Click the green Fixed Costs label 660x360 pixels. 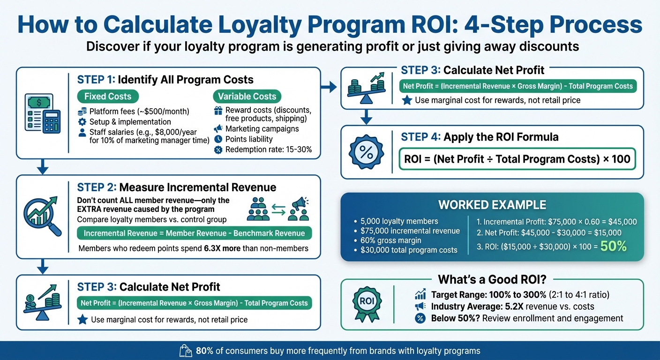[x=108, y=97]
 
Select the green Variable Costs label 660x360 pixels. [x=247, y=97]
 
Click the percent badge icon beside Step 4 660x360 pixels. [x=367, y=151]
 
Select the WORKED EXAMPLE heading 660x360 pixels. [x=492, y=205]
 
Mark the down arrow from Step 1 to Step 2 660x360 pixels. [x=43, y=166]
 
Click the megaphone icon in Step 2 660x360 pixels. [x=299, y=209]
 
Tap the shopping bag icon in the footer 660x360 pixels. [x=185, y=351]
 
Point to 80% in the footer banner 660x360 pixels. [x=204, y=351]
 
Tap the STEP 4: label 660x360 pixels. [x=420, y=137]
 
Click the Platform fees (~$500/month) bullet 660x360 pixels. [x=139, y=112]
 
